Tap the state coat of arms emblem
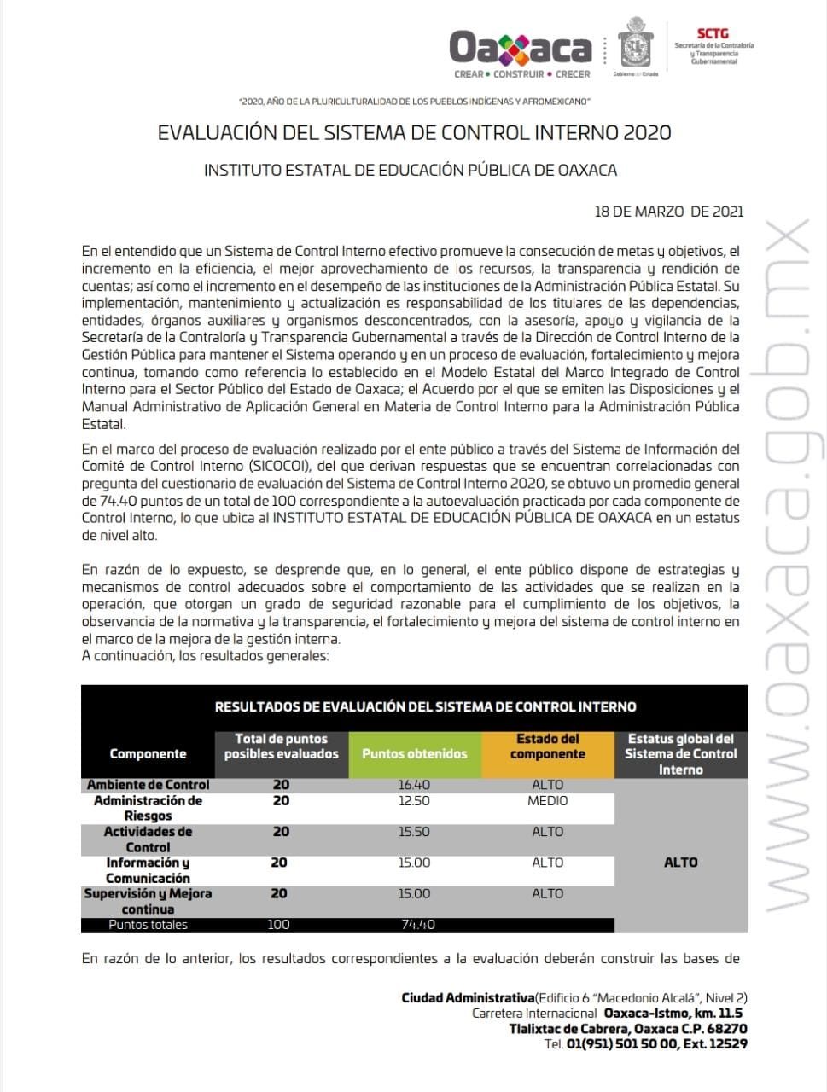tap(635, 44)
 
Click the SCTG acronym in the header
tap(713, 34)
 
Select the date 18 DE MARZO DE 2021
tap(668, 212)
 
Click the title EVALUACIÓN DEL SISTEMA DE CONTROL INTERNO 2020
tap(414, 133)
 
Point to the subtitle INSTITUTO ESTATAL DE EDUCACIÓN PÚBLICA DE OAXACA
tap(410, 170)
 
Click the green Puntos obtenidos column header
tap(415, 754)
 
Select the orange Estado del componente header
tap(547, 746)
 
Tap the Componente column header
tap(148, 754)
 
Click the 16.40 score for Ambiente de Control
tap(415, 785)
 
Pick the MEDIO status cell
tap(547, 801)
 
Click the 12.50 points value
tap(415, 801)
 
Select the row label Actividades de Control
tap(148, 839)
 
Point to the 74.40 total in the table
tap(418, 925)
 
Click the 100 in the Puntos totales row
tap(279, 925)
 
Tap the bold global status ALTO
tap(680, 863)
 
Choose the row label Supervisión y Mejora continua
tap(148, 901)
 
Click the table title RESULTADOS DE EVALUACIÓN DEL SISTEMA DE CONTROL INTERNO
tap(425, 706)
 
